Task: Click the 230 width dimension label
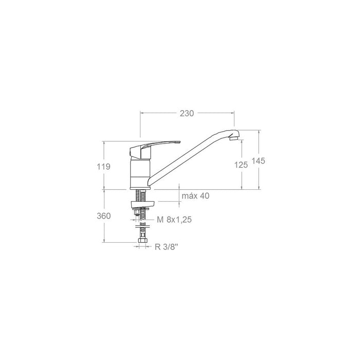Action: point(187,113)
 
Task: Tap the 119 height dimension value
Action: point(103,167)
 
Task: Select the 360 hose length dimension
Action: point(103,216)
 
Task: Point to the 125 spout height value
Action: point(241,165)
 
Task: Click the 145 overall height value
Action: point(258,161)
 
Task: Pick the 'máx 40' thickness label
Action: point(195,196)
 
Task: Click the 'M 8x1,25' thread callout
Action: point(174,220)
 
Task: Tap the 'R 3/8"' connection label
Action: point(167,247)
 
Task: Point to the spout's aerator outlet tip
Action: point(234,138)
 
